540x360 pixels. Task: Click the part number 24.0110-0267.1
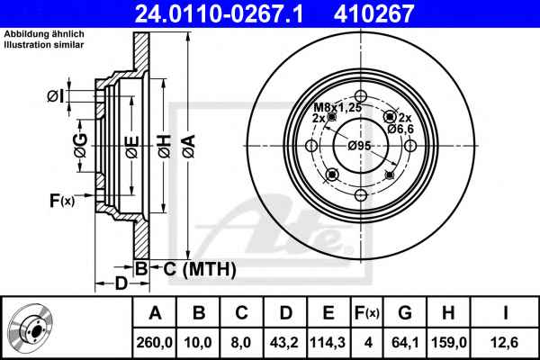[x=219, y=13]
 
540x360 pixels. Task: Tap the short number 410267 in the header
[x=373, y=13]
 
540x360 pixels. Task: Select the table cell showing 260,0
[x=154, y=342]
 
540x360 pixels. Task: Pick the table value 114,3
[x=328, y=342]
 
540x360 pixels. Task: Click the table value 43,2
[x=284, y=342]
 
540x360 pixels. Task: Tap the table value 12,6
[x=504, y=342]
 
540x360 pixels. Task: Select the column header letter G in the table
[x=405, y=313]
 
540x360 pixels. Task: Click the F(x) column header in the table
[x=367, y=313]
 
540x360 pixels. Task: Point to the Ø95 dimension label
[x=359, y=146]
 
